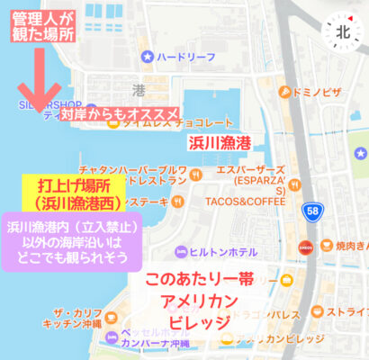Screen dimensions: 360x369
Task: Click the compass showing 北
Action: coord(343,31)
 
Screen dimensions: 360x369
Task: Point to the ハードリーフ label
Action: coord(185,56)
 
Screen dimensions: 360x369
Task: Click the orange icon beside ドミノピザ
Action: coord(284,92)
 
